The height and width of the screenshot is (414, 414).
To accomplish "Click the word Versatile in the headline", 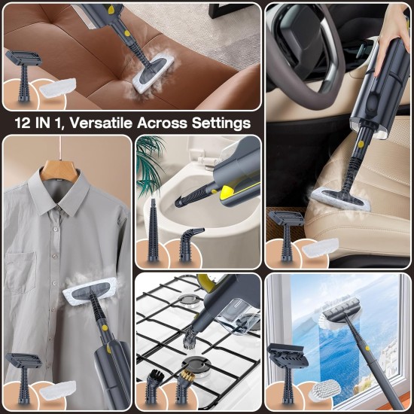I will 114,122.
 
